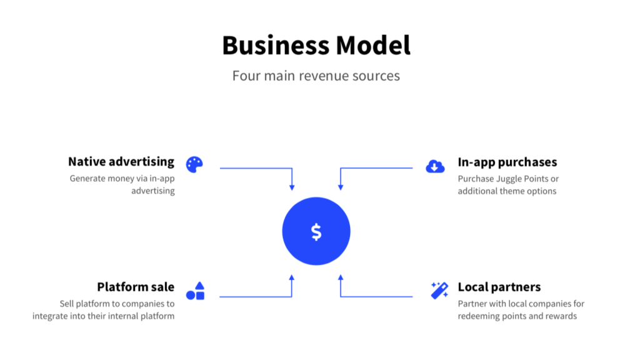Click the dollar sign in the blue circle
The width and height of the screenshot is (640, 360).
[316, 232]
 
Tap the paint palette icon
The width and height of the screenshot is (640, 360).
[194, 164]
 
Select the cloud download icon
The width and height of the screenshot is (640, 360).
[435, 166]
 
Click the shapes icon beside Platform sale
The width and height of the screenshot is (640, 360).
[195, 291]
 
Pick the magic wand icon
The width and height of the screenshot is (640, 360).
[439, 290]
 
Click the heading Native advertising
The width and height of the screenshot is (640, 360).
[121, 162]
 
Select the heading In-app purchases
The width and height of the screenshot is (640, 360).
[507, 162]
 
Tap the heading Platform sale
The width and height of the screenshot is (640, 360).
[136, 287]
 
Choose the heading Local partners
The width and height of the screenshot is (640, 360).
[499, 287]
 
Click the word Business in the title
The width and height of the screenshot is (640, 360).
[274, 46]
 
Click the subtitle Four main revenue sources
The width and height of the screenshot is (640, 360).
[316, 76]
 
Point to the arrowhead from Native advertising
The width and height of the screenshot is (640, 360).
[292, 187]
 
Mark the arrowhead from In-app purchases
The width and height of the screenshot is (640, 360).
[340, 187]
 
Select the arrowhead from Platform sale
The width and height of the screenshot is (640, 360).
[292, 277]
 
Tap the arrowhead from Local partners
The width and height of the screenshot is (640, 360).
[340, 277]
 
